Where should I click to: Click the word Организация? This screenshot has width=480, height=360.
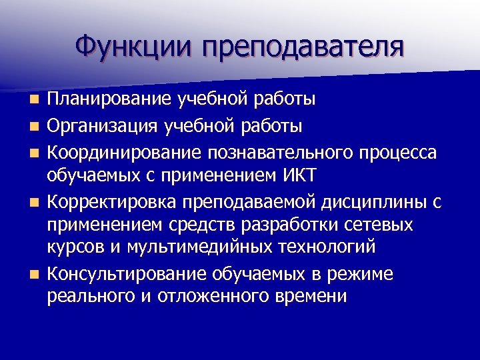(x=107, y=126)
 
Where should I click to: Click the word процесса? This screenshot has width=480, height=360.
(x=401, y=153)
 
